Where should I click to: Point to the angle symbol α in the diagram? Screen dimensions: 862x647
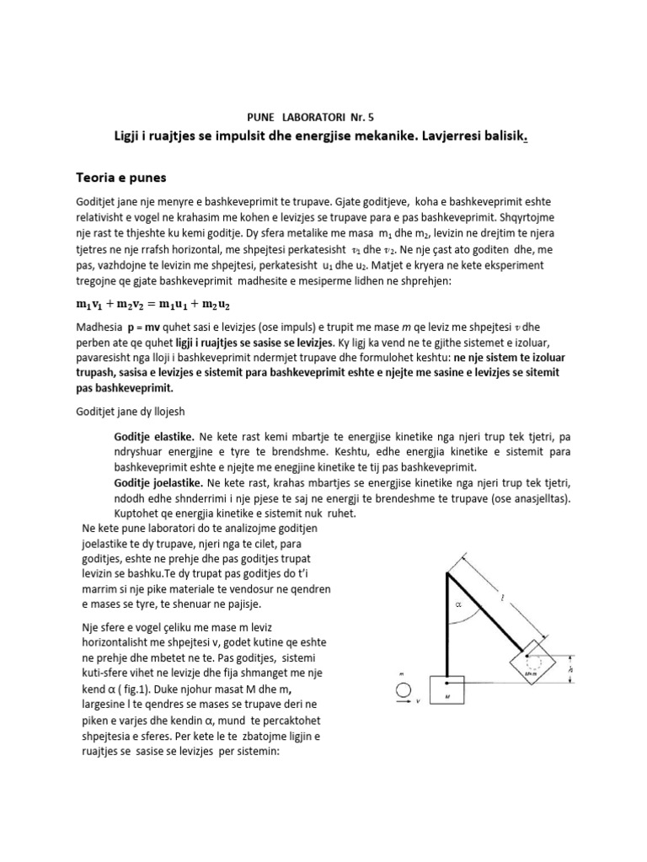click(457, 603)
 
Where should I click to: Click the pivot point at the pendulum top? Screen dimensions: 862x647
click(446, 572)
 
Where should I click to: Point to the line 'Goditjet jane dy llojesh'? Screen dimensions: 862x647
click(135, 410)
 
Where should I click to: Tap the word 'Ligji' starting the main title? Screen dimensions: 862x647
click(131, 136)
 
